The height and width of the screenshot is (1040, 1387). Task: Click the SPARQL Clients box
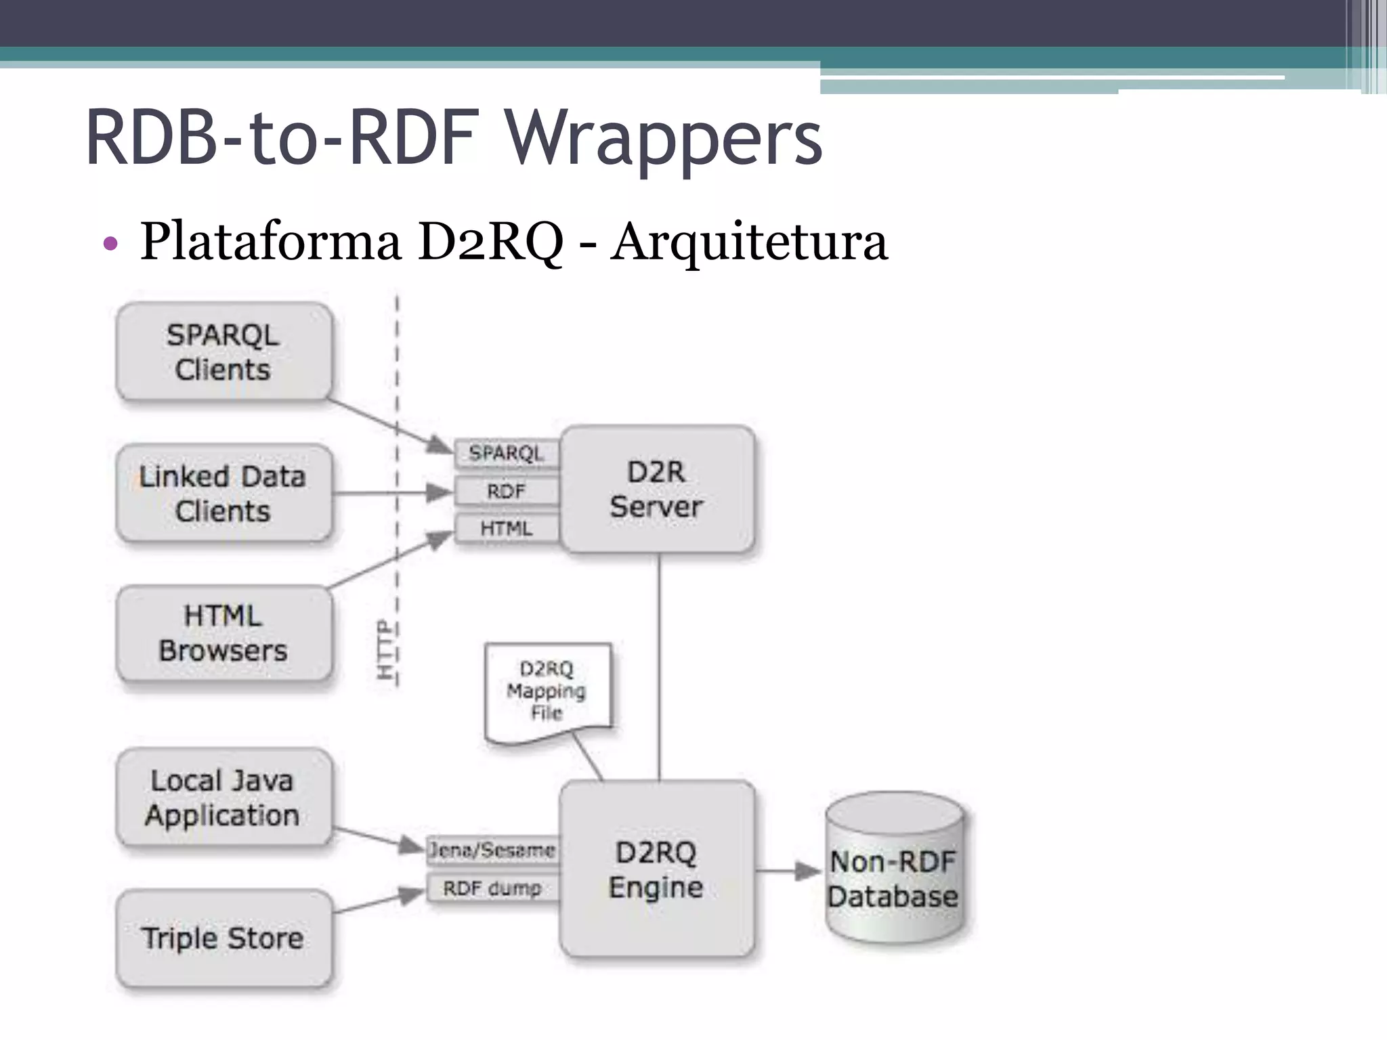click(x=223, y=352)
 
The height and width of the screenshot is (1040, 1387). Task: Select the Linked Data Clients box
click(x=223, y=493)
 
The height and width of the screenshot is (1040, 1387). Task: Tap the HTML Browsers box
click(x=223, y=633)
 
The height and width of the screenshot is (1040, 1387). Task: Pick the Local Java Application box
click(x=223, y=798)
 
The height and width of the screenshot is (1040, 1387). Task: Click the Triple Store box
click(x=223, y=938)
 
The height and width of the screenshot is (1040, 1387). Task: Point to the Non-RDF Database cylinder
click(x=894, y=870)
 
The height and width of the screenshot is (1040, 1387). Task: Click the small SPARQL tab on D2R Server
click(x=507, y=453)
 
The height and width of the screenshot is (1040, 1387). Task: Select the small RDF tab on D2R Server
click(x=507, y=491)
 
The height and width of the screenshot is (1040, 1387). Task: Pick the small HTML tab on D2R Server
click(x=507, y=528)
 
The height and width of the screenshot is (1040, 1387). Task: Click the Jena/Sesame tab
click(x=492, y=850)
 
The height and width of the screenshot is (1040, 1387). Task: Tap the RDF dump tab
click(x=492, y=888)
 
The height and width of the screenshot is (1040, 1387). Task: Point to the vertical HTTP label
click(x=385, y=649)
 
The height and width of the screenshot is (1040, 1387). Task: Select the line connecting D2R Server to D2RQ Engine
click(x=659, y=667)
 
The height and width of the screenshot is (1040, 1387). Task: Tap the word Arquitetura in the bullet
click(x=748, y=242)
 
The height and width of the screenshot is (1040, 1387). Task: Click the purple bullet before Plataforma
click(x=110, y=244)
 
